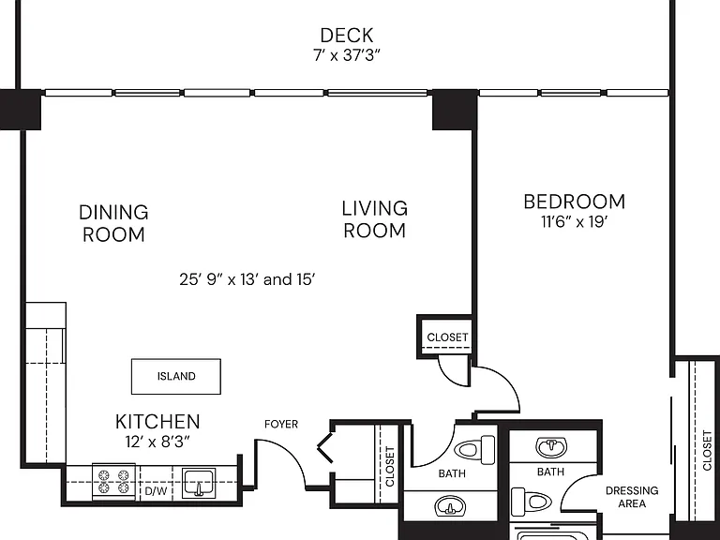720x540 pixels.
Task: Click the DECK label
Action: click(x=347, y=36)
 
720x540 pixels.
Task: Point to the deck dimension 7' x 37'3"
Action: click(x=347, y=55)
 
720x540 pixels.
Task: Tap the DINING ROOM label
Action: click(x=113, y=224)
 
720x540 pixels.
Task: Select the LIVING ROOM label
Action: click(x=375, y=219)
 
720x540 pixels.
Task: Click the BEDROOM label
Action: click(x=575, y=202)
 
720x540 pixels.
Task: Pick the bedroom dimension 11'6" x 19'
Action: click(x=575, y=222)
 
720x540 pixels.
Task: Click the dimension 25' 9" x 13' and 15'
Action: click(x=247, y=279)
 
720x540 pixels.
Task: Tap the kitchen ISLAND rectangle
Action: click(x=176, y=377)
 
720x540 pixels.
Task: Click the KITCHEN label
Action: click(x=157, y=422)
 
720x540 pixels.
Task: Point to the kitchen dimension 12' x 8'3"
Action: click(x=157, y=442)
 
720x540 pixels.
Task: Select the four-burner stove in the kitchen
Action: click(x=113, y=481)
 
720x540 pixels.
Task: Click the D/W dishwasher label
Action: click(x=157, y=491)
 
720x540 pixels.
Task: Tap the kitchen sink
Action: click(x=199, y=483)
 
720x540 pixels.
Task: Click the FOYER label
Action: click(x=281, y=425)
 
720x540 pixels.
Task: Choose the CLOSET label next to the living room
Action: click(x=447, y=337)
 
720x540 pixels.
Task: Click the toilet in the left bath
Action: click(x=474, y=448)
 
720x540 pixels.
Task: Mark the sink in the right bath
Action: click(x=551, y=447)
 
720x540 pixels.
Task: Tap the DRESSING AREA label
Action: click(x=632, y=497)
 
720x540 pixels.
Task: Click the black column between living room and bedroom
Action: click(x=455, y=111)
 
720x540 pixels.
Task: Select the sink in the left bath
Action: click(x=450, y=507)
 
